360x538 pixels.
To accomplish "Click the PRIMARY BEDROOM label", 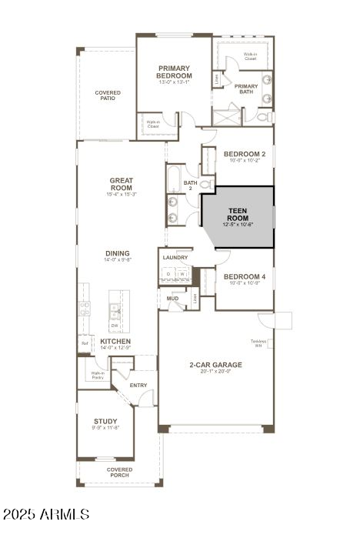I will pos(174,72).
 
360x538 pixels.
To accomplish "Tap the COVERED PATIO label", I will pos(108,95).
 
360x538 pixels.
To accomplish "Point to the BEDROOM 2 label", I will pos(244,154).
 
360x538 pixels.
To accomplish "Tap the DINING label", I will pos(118,253).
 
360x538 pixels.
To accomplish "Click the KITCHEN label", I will pos(115,340).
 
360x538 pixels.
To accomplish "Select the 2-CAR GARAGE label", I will pos(216,365).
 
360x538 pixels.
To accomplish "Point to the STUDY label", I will pos(105,421).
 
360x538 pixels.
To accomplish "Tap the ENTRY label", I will pos(138,385).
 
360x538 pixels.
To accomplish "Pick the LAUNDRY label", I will pos(175,257).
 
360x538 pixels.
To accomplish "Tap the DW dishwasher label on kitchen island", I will pos(114,325).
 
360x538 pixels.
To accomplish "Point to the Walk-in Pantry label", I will pos(98,376).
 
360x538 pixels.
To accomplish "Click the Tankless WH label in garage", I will pos(257,343).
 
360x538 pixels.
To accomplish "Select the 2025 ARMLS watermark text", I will pos(46,513).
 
